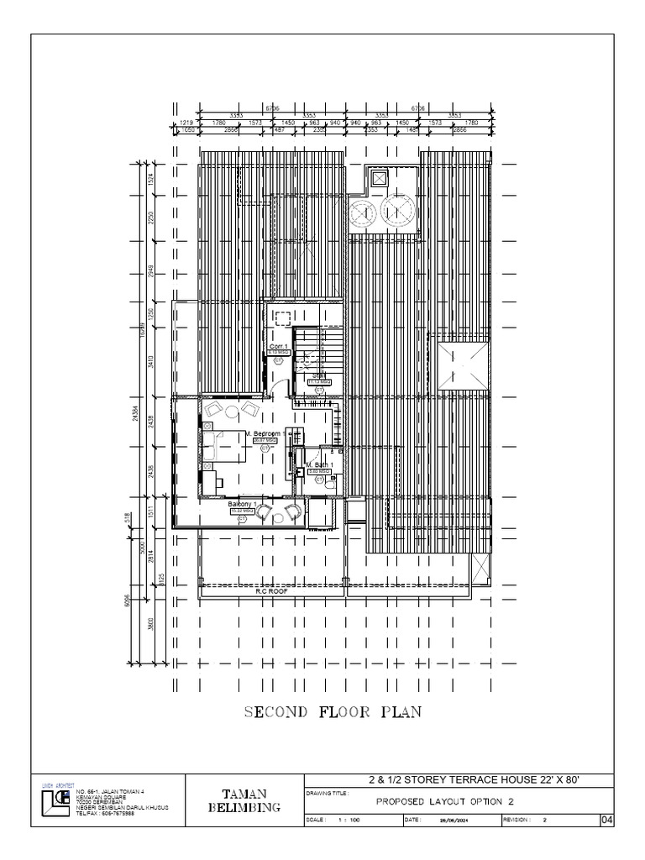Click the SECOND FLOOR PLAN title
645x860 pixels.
[x=333, y=713]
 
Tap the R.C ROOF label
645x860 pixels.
[x=272, y=590]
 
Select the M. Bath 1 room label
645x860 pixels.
[x=319, y=464]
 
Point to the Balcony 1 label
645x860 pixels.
[x=242, y=503]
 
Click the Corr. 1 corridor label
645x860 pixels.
[x=279, y=346]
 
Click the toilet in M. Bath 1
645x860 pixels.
[x=330, y=483]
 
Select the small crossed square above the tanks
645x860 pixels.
[x=379, y=178]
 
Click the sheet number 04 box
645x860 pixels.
[x=607, y=820]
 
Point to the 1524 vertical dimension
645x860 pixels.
[x=151, y=178]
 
